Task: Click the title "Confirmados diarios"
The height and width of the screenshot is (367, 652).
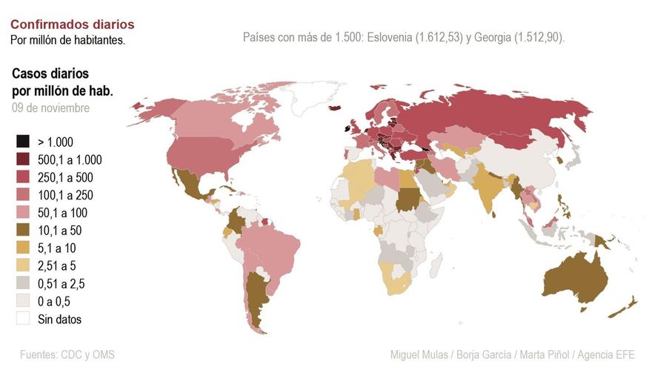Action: tap(72, 24)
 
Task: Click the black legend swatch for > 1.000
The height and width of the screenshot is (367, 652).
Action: tap(23, 142)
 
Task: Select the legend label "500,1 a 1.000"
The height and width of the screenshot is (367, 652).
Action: tap(70, 159)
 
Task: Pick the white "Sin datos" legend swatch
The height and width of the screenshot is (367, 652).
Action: tap(23, 320)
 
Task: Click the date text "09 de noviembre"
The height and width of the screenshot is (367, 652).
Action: tap(50, 108)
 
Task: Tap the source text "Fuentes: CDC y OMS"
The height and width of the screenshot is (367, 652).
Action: tap(67, 354)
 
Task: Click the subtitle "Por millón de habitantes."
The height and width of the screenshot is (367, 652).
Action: tap(67, 39)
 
